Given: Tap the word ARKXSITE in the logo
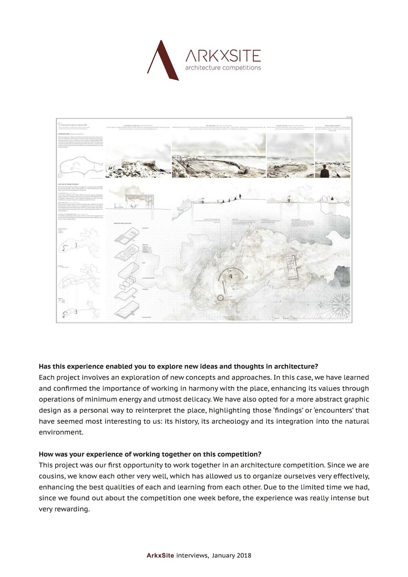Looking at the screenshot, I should click(223, 56).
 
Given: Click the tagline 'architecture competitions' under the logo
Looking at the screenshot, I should click(223, 68).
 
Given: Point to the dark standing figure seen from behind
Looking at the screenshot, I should click(325, 170).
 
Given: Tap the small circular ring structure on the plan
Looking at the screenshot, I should click(221, 299).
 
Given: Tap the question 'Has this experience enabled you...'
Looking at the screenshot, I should click(178, 366).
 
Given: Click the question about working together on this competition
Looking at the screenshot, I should click(150, 454).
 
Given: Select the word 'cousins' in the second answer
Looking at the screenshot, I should click(51, 476).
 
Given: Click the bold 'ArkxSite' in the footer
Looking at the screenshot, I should click(160, 555).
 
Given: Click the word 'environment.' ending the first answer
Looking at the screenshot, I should click(61, 432).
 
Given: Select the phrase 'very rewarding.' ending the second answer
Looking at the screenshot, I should click(64, 509).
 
